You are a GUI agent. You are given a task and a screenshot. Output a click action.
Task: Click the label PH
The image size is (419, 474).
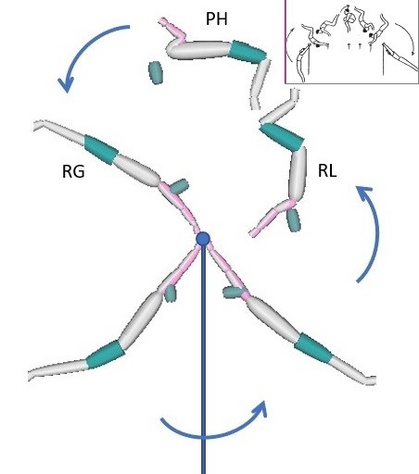pyautogui.click(x=216, y=19)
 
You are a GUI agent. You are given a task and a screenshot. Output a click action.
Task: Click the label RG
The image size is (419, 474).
pyautogui.click(x=73, y=171)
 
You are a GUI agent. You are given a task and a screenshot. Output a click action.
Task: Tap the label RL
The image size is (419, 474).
pyautogui.click(x=327, y=170)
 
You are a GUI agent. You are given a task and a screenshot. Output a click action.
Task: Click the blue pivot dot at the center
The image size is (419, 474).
pyautogui.click(x=203, y=239)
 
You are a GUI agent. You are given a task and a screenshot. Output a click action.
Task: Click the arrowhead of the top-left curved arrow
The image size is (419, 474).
pyautogui.click(x=66, y=84)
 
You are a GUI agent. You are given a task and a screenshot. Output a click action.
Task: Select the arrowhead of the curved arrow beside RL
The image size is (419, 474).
pyautogui.click(x=364, y=192)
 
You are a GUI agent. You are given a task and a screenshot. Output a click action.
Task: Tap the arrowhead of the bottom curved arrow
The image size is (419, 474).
pyautogui.click(x=260, y=409)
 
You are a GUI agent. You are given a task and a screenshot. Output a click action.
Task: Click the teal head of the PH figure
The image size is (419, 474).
pyautogui.click(x=156, y=72)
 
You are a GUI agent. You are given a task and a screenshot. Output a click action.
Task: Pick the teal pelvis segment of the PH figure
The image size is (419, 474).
pyautogui.click(x=248, y=52)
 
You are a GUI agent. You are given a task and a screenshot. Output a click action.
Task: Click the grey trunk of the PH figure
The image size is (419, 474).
pyautogui.click(x=199, y=50)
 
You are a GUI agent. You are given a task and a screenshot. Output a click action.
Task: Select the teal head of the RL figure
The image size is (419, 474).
pyautogui.click(x=293, y=220)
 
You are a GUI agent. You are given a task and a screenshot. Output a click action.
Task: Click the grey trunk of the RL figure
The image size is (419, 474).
pyautogui.click(x=298, y=173)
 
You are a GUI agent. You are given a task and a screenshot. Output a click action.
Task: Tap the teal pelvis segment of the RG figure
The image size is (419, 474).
pyautogui.click(x=101, y=149)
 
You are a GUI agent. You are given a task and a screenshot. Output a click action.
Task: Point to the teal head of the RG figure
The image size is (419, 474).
pyautogui.click(x=179, y=186)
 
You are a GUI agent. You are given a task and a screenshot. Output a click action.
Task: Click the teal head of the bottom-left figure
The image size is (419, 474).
pyautogui.click(x=171, y=293)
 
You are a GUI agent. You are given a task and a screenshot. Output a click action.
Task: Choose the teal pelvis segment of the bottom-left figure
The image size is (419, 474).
pyautogui.click(x=105, y=355)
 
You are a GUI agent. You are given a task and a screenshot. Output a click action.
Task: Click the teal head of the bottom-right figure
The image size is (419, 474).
pyautogui.click(x=234, y=292)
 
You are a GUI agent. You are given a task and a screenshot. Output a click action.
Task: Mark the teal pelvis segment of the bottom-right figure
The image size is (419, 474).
pyautogui.click(x=312, y=347)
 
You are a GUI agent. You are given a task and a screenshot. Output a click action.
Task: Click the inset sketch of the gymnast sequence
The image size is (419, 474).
pyautogui.click(x=352, y=42)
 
